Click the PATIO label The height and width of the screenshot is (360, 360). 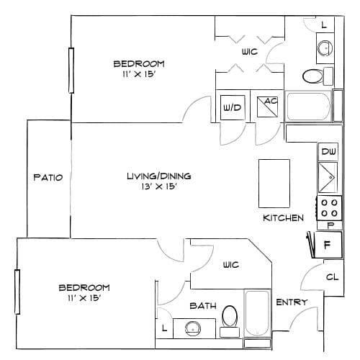point(48,177)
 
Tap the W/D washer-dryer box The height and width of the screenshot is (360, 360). point(233,107)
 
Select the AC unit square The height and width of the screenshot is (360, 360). point(267,107)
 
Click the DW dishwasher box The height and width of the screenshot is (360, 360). point(328,151)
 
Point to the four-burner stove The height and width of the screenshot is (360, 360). point(329,208)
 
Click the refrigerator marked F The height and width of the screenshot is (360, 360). point(327,245)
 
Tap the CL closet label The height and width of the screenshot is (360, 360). point(333,277)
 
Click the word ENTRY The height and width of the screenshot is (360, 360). point(292,302)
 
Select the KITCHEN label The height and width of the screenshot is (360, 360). point(283,218)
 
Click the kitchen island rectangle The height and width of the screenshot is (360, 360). point(274,184)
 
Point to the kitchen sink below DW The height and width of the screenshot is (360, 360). point(328,178)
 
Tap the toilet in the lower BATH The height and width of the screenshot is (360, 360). point(230,321)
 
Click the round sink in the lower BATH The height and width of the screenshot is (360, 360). point(193,328)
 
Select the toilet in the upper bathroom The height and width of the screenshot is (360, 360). point(318,76)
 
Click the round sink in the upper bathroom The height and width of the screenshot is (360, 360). point(325,48)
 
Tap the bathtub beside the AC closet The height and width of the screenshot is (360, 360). point(308,107)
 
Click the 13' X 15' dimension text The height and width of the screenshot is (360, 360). point(159,186)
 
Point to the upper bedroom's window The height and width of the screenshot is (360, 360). point(71,71)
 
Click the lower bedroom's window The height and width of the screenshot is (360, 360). point(17,292)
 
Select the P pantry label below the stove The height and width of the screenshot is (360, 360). point(330,225)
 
